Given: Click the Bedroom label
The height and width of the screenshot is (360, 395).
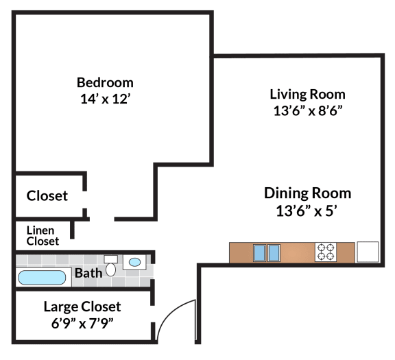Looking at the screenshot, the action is [105, 83].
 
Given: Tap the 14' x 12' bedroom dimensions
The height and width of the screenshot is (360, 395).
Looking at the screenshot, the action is [106, 99].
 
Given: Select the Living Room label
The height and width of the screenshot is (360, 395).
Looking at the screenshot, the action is [308, 95].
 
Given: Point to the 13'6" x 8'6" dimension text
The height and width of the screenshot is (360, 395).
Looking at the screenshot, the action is [308, 110].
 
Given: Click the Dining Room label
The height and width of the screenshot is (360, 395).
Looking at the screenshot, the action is [308, 193].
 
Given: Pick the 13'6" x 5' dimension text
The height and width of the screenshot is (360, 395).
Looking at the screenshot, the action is [307, 211].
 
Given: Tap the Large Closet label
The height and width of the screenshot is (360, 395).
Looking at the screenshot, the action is [82, 307].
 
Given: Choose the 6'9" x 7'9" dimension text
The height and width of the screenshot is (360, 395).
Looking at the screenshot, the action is [82, 323].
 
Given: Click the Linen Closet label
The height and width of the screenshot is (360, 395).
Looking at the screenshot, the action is [43, 236].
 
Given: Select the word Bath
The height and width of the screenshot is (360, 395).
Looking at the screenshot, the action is [88, 273].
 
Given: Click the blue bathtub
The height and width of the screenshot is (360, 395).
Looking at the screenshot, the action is [42, 278].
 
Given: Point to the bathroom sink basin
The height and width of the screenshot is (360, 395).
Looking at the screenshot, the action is [135, 262].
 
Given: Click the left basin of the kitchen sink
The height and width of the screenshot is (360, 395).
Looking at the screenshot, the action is [260, 252].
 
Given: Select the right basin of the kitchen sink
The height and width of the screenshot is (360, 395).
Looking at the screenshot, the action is [274, 252].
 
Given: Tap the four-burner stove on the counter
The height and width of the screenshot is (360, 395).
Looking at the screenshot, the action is [326, 252].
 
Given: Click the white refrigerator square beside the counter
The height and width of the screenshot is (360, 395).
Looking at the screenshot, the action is [368, 252].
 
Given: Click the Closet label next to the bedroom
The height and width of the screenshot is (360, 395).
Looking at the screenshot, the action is [47, 195].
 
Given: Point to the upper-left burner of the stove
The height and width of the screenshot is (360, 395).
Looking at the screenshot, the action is [321, 248].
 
